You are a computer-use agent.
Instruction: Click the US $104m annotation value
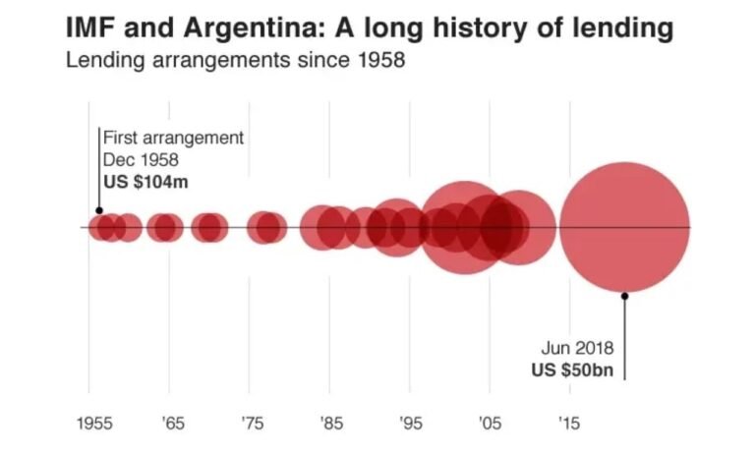(x=144, y=180)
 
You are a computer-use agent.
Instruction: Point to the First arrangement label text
(x=173, y=138)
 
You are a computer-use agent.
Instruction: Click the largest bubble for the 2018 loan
(x=623, y=228)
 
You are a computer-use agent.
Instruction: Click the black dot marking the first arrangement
(x=98, y=210)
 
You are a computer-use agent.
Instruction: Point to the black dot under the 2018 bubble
(x=623, y=293)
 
